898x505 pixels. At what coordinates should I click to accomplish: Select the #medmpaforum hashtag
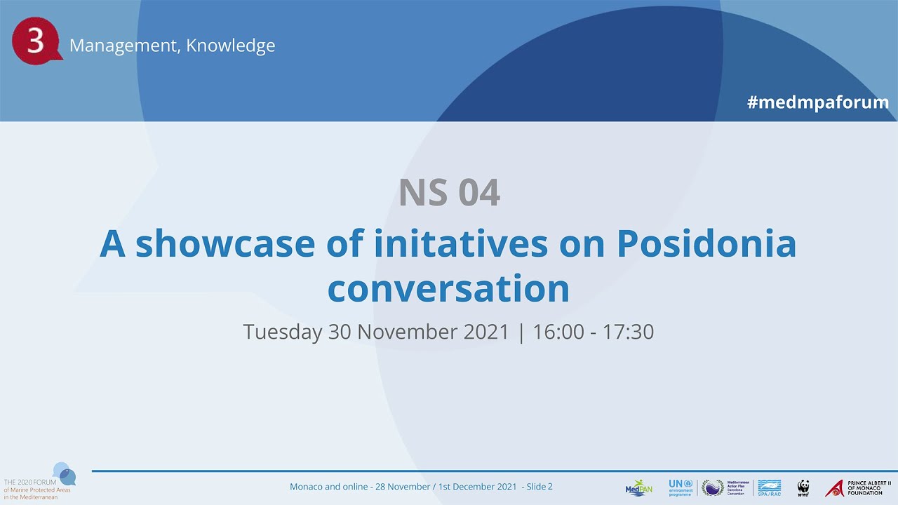[818, 102]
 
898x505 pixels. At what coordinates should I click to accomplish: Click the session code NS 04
[449, 193]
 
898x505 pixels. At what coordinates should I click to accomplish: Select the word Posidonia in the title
[706, 243]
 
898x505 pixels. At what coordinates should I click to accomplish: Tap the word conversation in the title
[448, 289]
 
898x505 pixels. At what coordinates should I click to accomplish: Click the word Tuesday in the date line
[282, 332]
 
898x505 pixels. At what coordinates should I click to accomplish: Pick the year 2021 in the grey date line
[486, 332]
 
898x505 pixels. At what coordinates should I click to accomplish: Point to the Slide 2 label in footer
[540, 487]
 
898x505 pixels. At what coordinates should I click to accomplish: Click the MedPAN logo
[638, 488]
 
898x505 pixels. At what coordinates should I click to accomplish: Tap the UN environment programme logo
[681, 487]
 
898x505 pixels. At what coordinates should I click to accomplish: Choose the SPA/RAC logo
[770, 487]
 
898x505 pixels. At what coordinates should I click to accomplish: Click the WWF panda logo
[803, 488]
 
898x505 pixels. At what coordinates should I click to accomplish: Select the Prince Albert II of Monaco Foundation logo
[858, 487]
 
